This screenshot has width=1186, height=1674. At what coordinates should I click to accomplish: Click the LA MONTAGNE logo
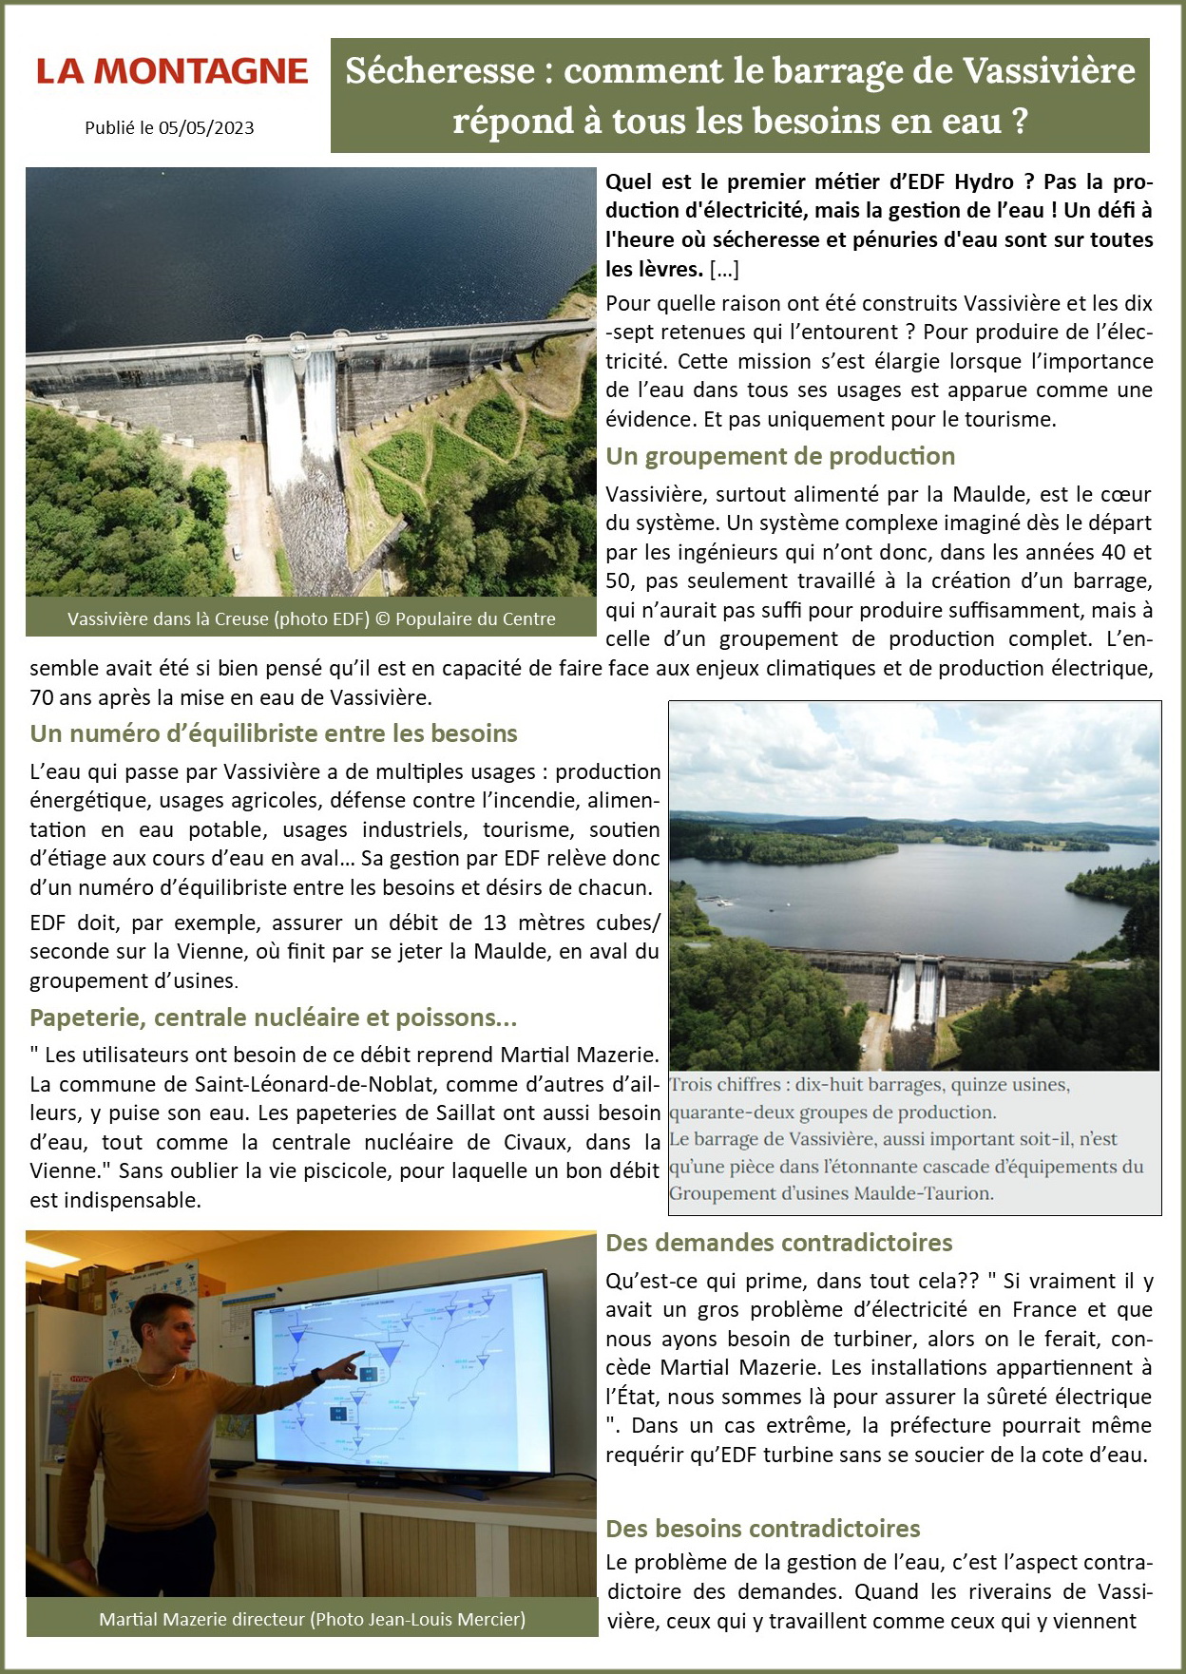172,72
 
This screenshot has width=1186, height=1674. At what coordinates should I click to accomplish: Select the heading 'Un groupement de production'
780,456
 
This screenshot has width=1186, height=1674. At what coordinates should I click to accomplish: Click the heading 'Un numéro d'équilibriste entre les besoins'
274,733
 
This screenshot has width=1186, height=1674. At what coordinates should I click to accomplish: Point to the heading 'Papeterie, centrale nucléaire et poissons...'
274,1018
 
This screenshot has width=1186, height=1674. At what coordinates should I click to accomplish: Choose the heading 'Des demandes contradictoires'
778,1243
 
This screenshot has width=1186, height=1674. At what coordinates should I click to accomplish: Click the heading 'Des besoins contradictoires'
762,1529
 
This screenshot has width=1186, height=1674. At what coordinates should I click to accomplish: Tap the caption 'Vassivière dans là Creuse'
169,619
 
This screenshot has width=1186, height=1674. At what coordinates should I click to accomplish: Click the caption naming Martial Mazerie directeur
312,1619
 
